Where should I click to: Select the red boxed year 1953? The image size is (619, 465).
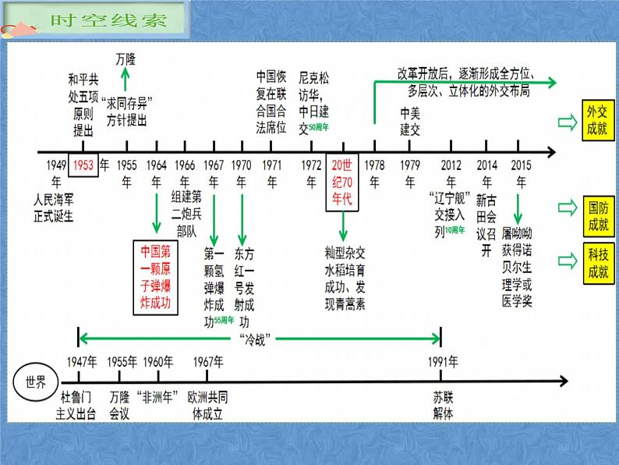[x=83, y=165]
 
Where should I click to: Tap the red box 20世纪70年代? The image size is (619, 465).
[x=341, y=182]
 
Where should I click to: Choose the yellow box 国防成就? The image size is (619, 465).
[x=597, y=217]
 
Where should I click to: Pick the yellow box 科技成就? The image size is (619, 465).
[x=597, y=263]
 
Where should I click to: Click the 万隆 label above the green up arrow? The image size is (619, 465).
[x=126, y=59]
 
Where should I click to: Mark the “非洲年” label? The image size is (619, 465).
[x=157, y=395]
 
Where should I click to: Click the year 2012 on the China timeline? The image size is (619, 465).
[x=450, y=165]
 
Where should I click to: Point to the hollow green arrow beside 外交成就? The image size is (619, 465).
[x=565, y=121]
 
